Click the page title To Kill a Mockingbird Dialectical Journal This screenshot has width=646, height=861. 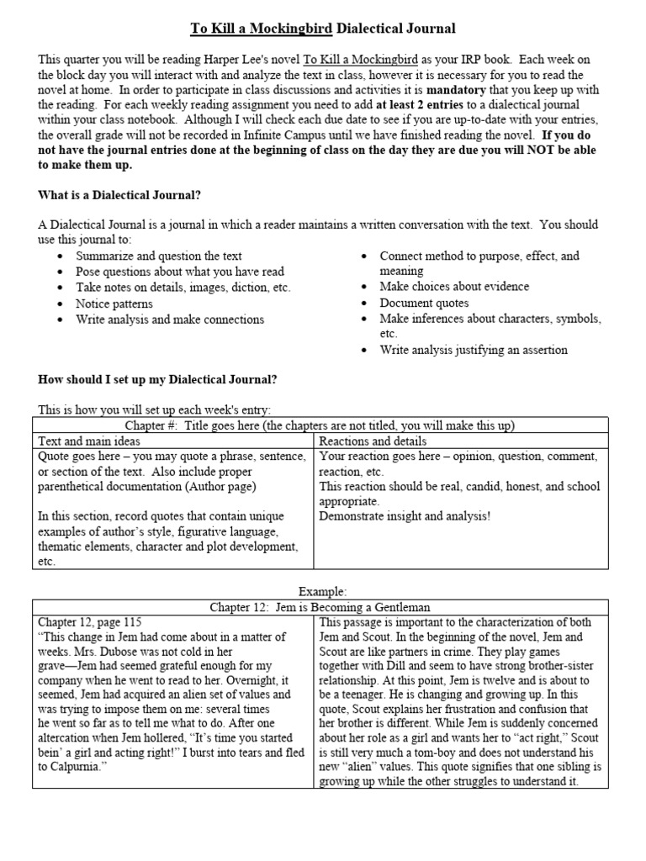pyautogui.click(x=323, y=29)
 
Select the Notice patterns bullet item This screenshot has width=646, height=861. pyautogui.click(x=114, y=303)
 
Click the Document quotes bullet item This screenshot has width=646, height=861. pyautogui.click(x=424, y=303)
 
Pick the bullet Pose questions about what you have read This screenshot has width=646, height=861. pyautogui.click(x=180, y=272)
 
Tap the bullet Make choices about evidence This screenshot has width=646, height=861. pyautogui.click(x=454, y=287)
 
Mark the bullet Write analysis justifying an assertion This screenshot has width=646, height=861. pyautogui.click(x=474, y=350)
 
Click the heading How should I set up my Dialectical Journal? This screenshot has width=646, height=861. pyautogui.click(x=157, y=379)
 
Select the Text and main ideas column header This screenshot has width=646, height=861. pyautogui.click(x=89, y=441)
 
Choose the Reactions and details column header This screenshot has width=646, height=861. pyautogui.click(x=373, y=441)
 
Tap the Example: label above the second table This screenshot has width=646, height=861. pyautogui.click(x=323, y=591)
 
